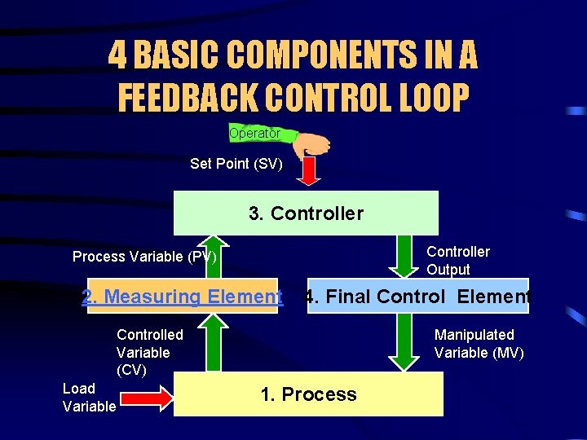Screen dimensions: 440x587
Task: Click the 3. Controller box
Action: (306, 213)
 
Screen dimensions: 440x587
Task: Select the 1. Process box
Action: (308, 394)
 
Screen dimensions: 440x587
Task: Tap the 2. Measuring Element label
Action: (182, 297)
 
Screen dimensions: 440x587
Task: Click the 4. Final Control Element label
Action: (417, 297)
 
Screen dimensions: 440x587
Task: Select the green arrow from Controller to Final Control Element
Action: (402, 256)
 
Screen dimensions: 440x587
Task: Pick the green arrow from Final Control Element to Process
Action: (402, 342)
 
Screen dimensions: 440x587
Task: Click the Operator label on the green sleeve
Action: (254, 133)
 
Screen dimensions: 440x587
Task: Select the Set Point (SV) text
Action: (236, 164)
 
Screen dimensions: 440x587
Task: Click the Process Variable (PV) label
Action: (144, 257)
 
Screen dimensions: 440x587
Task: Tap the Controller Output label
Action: (457, 261)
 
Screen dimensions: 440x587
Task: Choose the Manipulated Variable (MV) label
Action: (479, 344)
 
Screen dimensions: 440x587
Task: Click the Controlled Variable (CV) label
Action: (149, 352)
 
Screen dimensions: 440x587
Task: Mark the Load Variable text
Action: (89, 398)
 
